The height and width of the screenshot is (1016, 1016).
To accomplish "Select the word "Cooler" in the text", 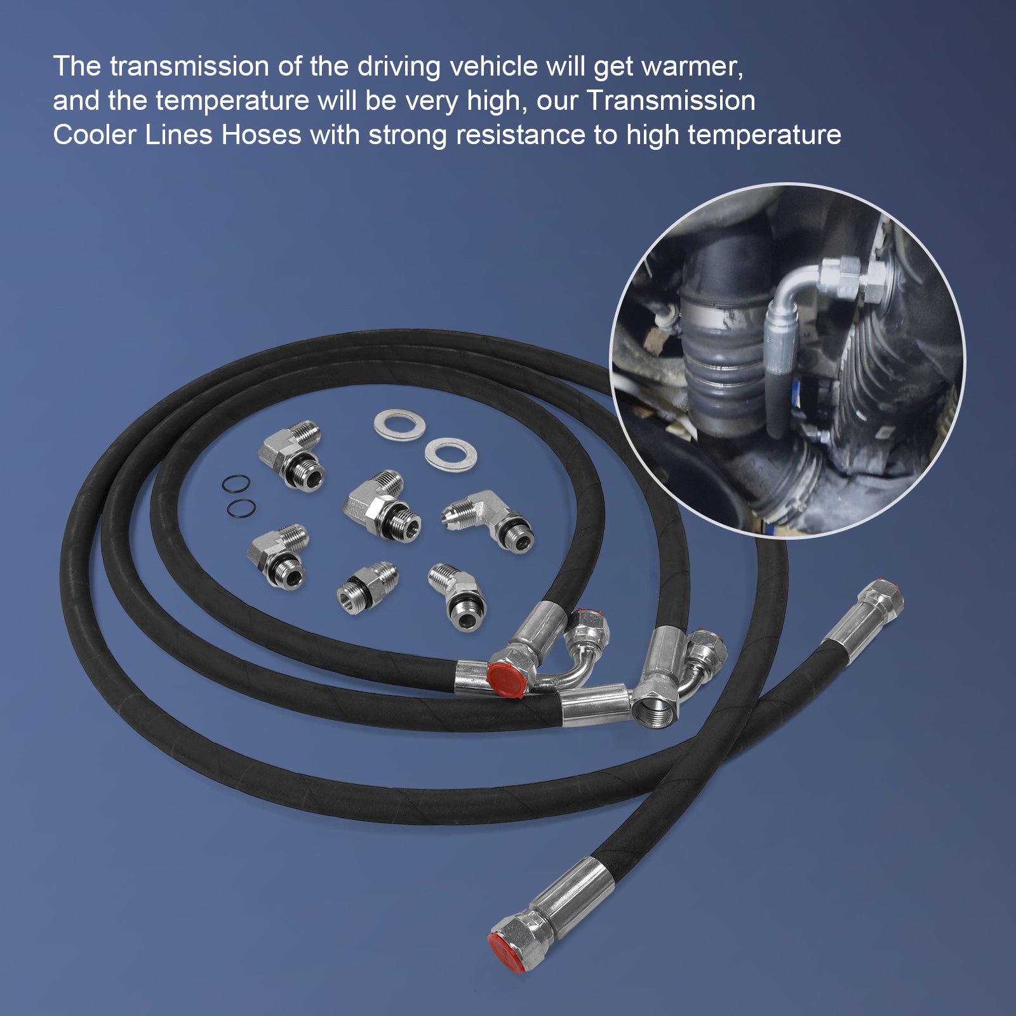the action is coord(95,135).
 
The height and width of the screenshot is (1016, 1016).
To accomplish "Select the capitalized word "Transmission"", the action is coord(671,101).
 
